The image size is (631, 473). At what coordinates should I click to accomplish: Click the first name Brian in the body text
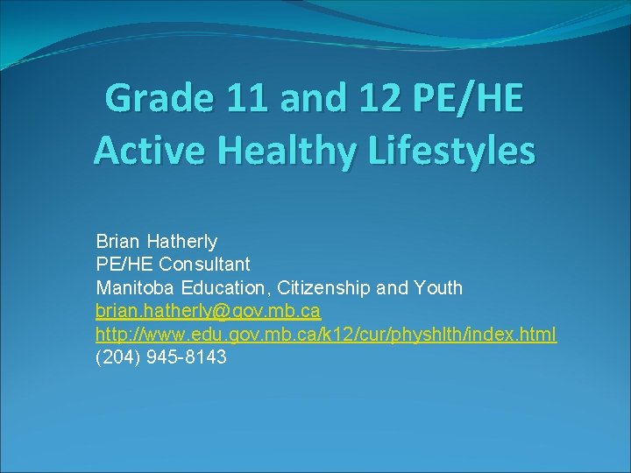pos(118,241)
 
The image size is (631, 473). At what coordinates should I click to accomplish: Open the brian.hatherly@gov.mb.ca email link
pos(208,311)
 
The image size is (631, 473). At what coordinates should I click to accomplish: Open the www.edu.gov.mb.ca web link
pos(325,335)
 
